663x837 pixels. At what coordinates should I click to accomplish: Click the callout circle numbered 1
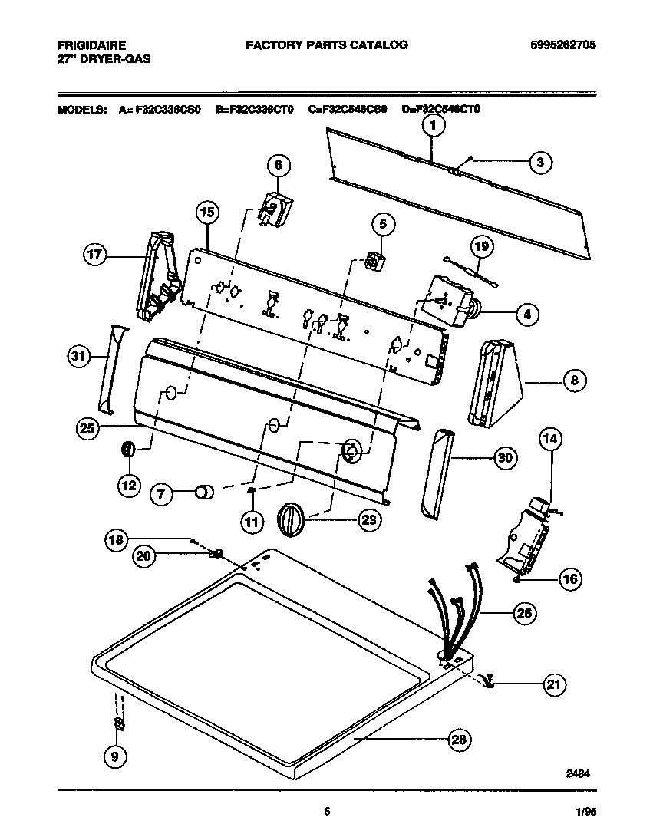(x=433, y=125)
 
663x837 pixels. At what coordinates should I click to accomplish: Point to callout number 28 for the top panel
(x=458, y=740)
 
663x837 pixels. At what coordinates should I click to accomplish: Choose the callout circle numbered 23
(x=369, y=520)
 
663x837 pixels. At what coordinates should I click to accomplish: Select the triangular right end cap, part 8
(x=499, y=383)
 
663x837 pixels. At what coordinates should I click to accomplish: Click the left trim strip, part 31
(x=109, y=364)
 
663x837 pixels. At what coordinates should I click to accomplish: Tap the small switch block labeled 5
(x=374, y=262)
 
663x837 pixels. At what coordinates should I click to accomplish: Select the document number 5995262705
(x=562, y=45)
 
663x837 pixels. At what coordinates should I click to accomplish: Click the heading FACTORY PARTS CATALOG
(x=326, y=45)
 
